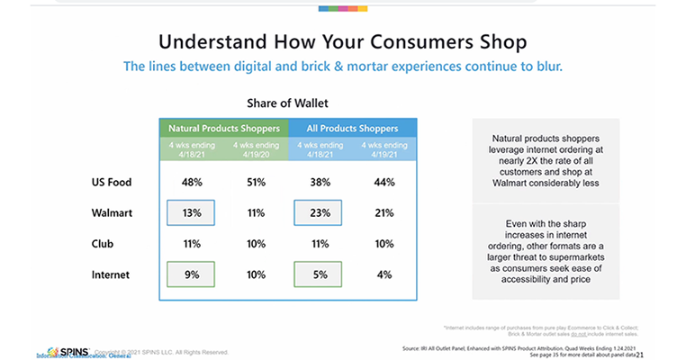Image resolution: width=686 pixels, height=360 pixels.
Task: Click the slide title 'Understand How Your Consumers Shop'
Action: [342, 41]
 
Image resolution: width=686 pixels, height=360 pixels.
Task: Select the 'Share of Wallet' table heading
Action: [288, 103]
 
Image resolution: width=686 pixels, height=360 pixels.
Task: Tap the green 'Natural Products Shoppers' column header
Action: [224, 128]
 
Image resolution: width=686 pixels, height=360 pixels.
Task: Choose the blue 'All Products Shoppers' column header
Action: [352, 128]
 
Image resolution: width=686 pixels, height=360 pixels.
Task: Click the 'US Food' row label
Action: [112, 183]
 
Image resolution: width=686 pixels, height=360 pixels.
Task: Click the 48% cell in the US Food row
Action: [191, 183]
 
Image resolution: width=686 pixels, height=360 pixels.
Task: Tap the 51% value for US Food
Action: [257, 183]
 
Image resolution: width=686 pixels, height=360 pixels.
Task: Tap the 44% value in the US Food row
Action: [385, 183]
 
